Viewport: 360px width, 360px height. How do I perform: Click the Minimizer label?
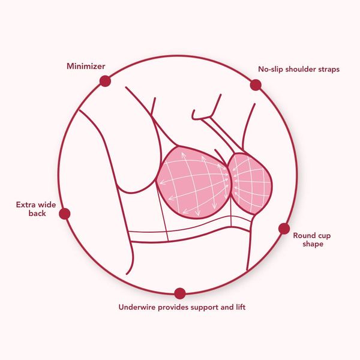[x=86, y=67]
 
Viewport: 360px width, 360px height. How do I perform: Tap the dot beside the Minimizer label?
[x=105, y=81]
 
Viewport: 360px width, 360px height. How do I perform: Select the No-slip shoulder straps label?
[x=299, y=70]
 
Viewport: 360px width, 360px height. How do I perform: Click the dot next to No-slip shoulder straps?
[x=256, y=85]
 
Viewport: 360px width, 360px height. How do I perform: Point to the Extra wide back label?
[x=36, y=209]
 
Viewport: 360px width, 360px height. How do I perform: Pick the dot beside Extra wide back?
[x=65, y=214]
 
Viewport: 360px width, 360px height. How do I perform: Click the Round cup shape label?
[x=312, y=239]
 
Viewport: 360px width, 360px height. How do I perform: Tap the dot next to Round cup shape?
[x=284, y=229]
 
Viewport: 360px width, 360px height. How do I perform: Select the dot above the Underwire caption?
[x=180, y=293]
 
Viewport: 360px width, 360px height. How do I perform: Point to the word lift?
[x=241, y=307]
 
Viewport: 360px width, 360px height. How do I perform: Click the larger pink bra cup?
[x=193, y=182]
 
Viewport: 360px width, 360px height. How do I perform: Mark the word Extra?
[x=25, y=205]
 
